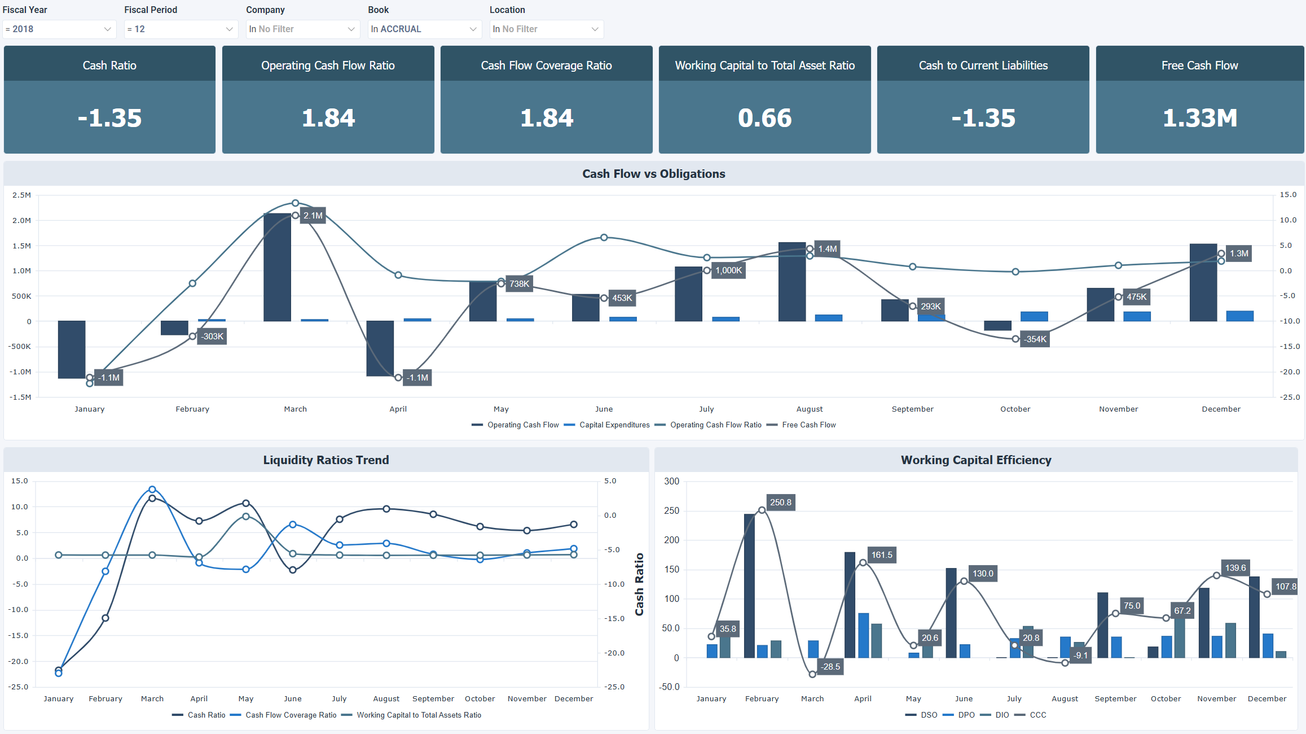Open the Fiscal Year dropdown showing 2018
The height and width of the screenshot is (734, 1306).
pyautogui.click(x=59, y=29)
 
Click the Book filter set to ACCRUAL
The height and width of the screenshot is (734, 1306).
pyautogui.click(x=424, y=29)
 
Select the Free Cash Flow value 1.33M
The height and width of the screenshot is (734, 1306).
pyautogui.click(x=1199, y=118)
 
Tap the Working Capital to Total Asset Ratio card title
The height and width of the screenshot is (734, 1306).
pyautogui.click(x=764, y=65)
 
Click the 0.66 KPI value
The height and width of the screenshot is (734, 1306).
pyautogui.click(x=764, y=118)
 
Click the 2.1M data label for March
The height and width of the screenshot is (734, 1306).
pyautogui.click(x=313, y=216)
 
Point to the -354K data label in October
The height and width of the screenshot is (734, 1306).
pyautogui.click(x=1035, y=339)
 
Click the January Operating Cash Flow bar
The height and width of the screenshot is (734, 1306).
pyautogui.click(x=72, y=349)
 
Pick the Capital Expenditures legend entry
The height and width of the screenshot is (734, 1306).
pyautogui.click(x=614, y=425)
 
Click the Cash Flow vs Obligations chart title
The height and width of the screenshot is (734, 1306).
pyautogui.click(x=653, y=174)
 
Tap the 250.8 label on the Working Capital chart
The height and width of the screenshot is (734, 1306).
pyautogui.click(x=780, y=503)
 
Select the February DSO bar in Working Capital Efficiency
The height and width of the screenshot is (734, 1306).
pyautogui.click(x=749, y=586)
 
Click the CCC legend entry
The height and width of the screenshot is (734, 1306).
pyautogui.click(x=1037, y=715)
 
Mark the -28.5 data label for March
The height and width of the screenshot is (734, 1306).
pyautogui.click(x=830, y=667)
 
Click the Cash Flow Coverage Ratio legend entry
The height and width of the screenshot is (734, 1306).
pyautogui.click(x=291, y=715)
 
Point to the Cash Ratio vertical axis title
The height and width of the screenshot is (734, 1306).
pyautogui.click(x=639, y=584)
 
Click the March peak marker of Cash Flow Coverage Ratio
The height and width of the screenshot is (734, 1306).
pyautogui.click(x=152, y=490)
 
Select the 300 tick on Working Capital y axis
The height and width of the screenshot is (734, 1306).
pyautogui.click(x=671, y=482)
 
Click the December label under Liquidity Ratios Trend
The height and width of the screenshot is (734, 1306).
pyautogui.click(x=573, y=699)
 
